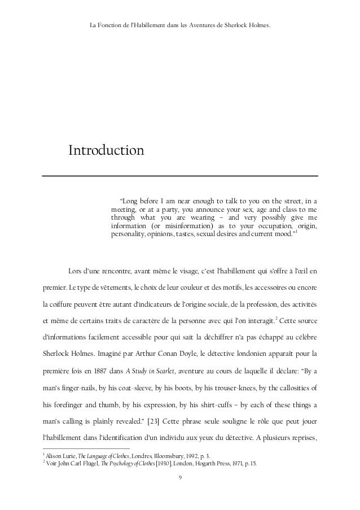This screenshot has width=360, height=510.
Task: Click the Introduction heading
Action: coord(106,151)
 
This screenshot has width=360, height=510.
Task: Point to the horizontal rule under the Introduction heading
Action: coord(180,176)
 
